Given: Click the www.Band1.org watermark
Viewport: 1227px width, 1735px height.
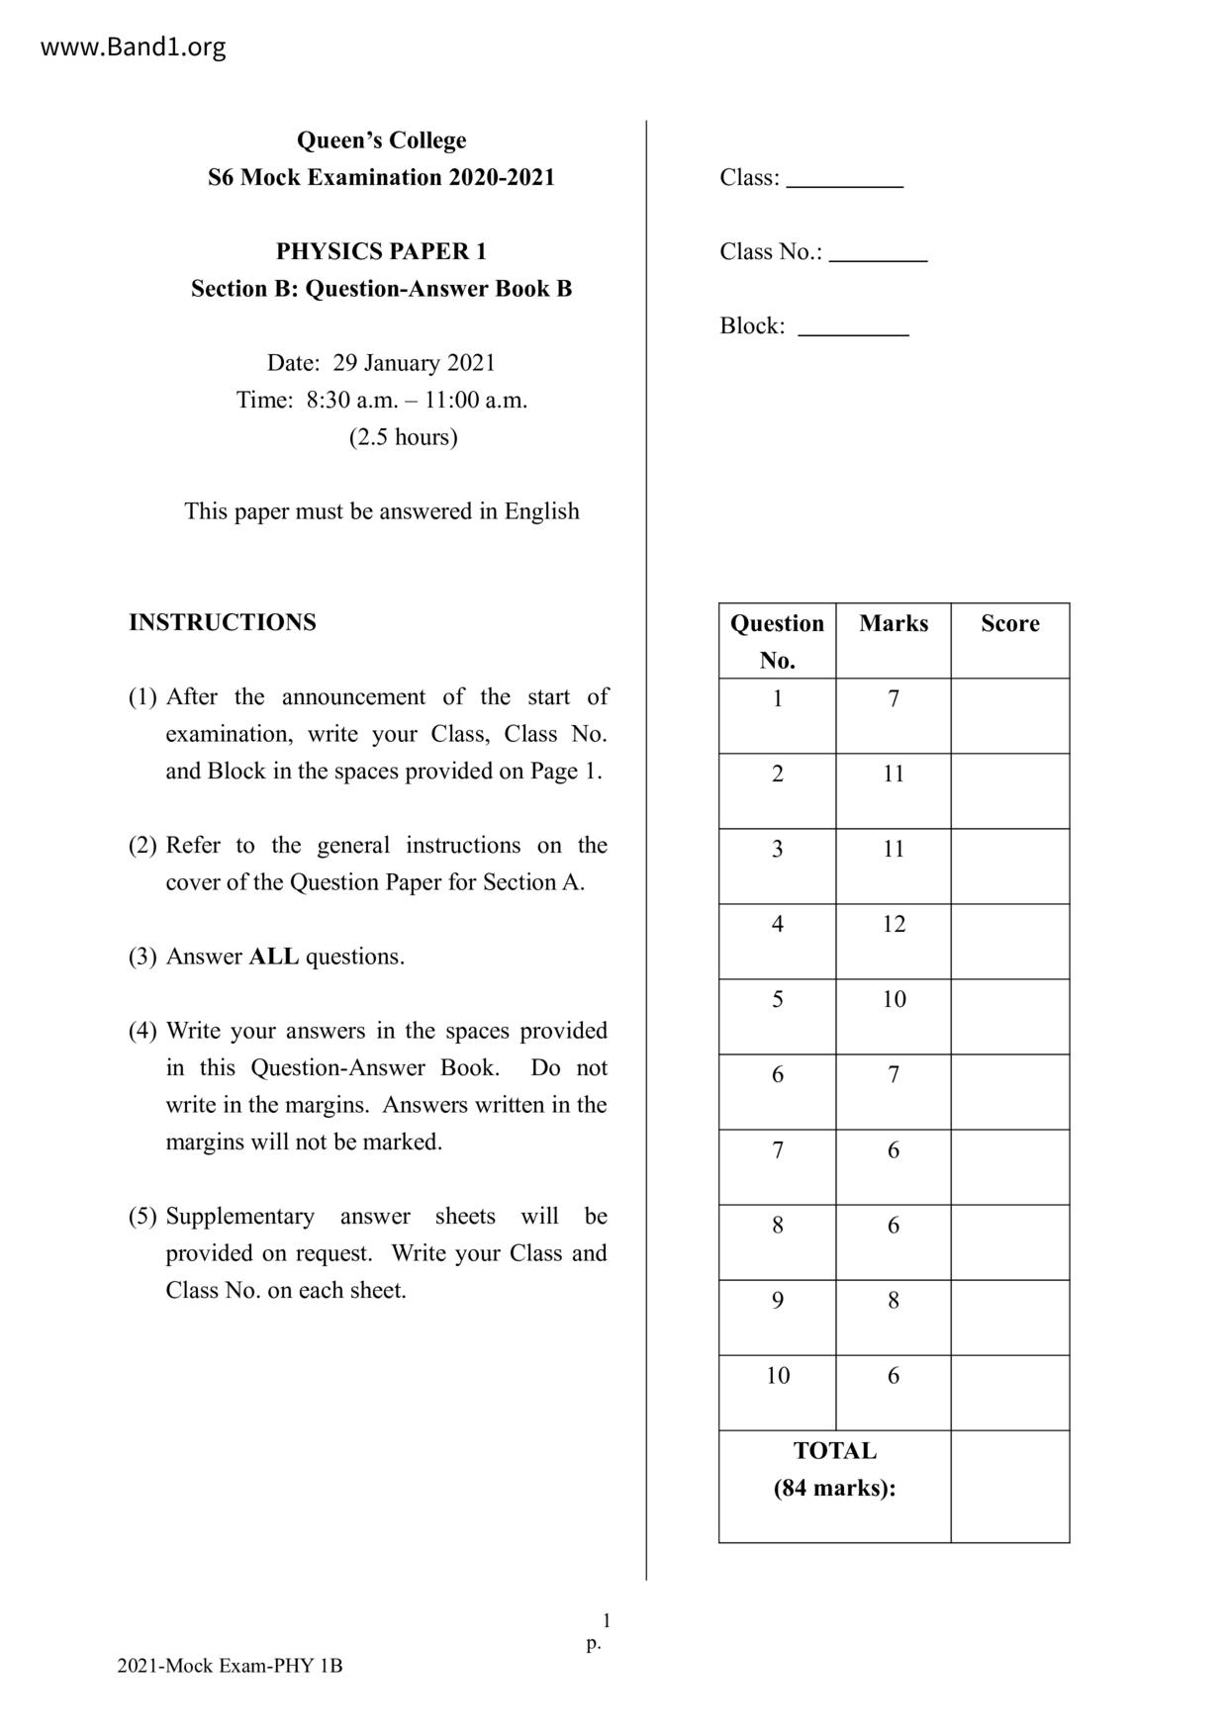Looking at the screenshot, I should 133,46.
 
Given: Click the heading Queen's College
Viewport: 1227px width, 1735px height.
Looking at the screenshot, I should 381,140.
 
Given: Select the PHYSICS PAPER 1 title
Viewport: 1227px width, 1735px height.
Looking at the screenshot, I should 381,251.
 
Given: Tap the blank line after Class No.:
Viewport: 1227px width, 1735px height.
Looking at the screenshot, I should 878,255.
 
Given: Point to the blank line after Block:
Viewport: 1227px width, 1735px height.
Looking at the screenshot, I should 853,329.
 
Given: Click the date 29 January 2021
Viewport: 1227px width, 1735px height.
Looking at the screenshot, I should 414,363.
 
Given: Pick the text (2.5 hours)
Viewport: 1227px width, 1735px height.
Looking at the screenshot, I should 403,437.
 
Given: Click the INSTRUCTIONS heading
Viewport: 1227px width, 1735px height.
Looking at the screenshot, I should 223,622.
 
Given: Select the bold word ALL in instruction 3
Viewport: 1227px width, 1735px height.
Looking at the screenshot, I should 273,957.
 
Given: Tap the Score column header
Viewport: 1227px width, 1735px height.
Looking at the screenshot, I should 1009,623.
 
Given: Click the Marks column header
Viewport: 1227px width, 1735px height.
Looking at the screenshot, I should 894,623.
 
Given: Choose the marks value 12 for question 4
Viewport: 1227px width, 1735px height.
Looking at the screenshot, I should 894,924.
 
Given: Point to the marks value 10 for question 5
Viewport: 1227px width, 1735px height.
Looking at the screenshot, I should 894,999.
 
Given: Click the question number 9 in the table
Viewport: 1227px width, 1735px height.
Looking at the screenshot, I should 778,1300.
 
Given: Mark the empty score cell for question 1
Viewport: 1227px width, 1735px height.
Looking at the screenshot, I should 1009,715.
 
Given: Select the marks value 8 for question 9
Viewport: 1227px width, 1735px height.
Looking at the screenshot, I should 894,1300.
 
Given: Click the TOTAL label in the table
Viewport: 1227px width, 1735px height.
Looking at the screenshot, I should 834,1451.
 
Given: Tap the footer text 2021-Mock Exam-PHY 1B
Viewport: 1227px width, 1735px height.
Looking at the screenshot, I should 230,1666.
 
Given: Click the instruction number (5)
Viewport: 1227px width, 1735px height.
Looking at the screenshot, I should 142,1216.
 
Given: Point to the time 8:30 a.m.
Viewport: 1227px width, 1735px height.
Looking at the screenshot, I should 351,401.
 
